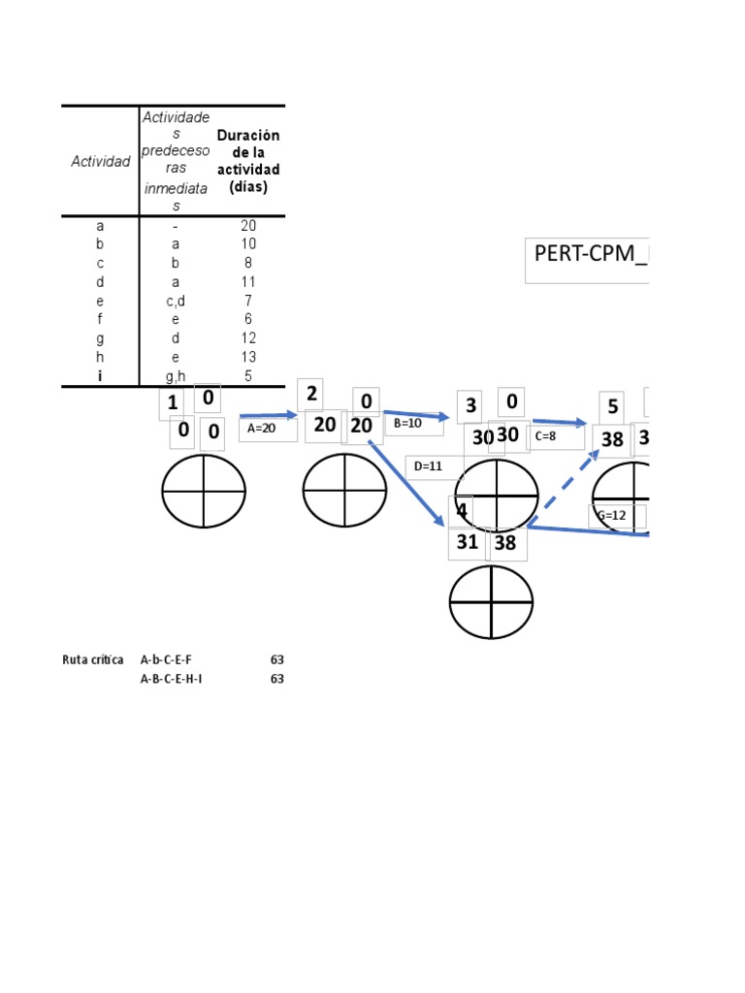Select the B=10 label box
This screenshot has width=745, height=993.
click(x=411, y=424)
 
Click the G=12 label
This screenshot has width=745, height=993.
click(x=613, y=516)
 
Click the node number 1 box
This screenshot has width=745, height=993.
click(x=172, y=403)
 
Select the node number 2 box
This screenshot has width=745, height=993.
click(x=310, y=394)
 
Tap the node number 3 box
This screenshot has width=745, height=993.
click(x=470, y=406)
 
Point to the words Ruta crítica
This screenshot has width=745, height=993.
click(x=92, y=659)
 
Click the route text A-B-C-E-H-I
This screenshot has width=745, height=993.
click(x=172, y=679)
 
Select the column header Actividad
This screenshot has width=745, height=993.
click(x=100, y=162)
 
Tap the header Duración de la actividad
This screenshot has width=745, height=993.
click(x=248, y=161)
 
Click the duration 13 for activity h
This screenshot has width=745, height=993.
click(x=248, y=357)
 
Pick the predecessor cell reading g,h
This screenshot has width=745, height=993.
click(x=176, y=376)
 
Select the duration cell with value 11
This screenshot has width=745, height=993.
click(x=248, y=281)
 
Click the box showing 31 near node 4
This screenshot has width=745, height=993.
click(x=468, y=542)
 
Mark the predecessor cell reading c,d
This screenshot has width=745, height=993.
click(x=176, y=301)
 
